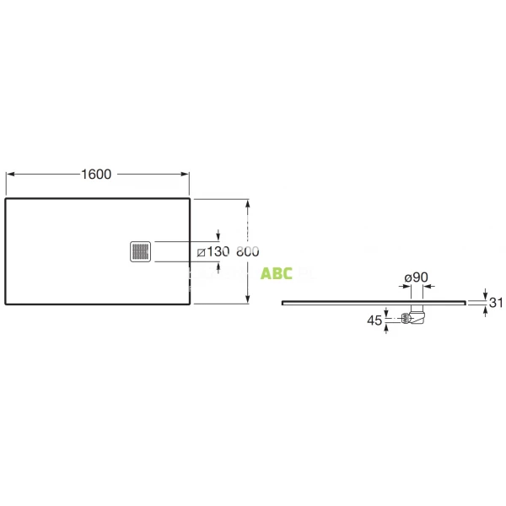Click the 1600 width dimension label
coord(97,175)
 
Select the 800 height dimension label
coord(247,252)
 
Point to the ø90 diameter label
coord(416,277)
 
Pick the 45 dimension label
coord(374,320)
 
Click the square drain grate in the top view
coord(141,251)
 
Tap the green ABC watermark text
coord(277,274)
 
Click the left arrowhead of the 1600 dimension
coord(10,175)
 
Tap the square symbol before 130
coord(201,252)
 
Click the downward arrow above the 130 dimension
coord(219,235)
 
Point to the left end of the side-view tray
coord(282,301)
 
